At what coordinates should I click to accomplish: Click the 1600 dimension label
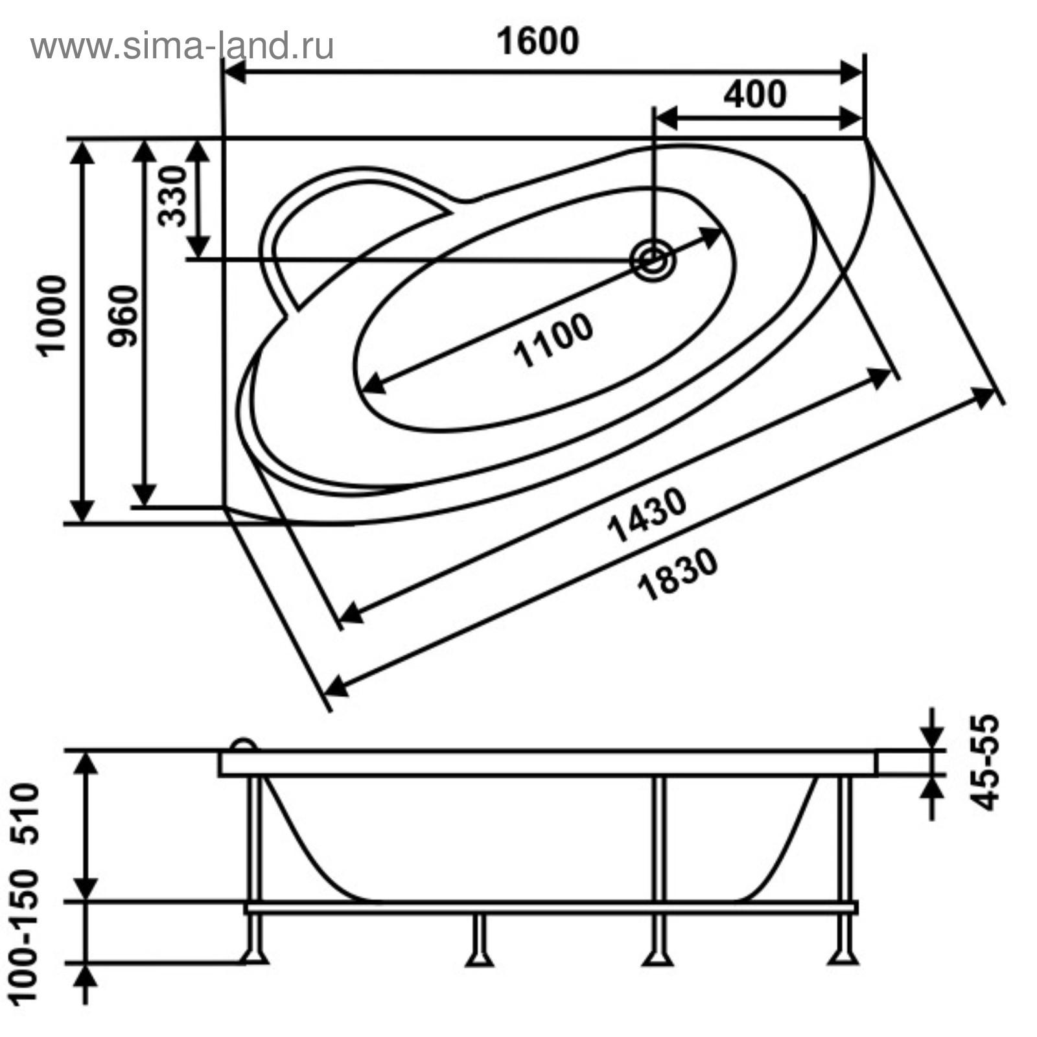point(537,41)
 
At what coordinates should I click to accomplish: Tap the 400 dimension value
point(755,94)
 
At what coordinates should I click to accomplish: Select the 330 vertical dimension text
point(173,196)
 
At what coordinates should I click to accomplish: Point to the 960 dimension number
point(123,316)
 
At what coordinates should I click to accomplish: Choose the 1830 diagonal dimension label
point(678,574)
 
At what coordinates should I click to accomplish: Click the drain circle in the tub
point(653,261)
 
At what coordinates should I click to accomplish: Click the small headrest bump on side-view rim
point(244,745)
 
